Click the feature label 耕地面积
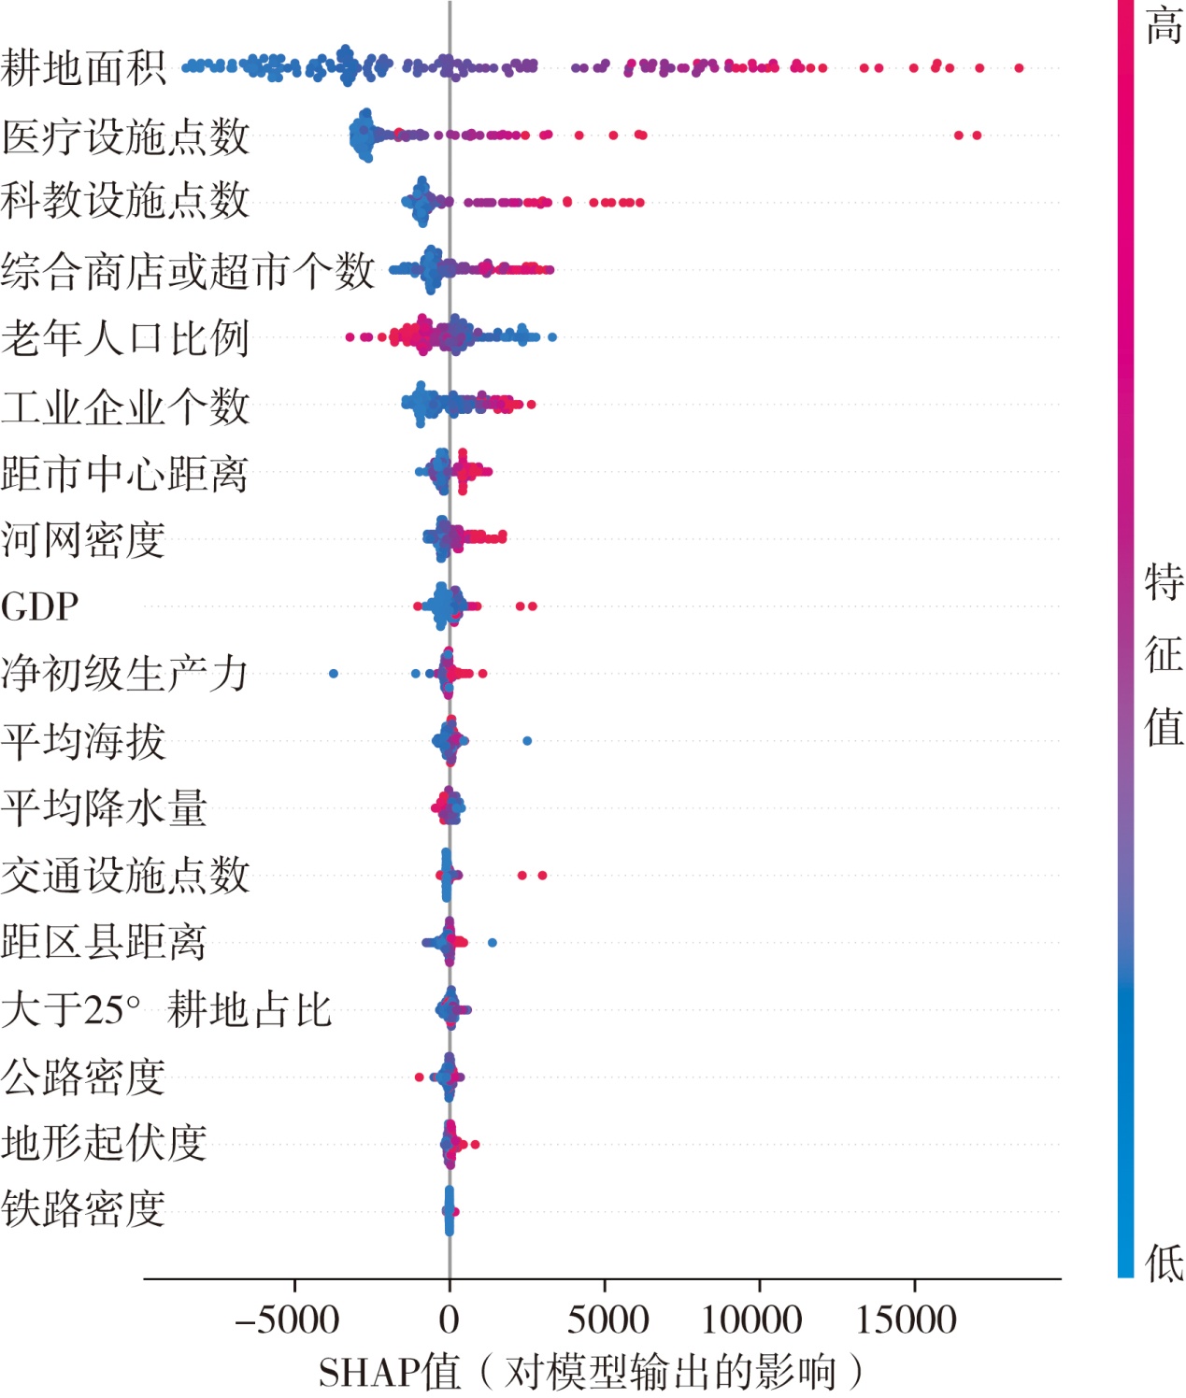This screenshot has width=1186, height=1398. coord(83,68)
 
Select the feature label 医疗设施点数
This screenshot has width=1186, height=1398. coord(125,136)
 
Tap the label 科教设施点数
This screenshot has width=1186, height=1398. coord(125,201)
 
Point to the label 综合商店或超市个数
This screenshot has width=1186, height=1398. coord(187,270)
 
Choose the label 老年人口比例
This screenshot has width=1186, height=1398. coord(125,338)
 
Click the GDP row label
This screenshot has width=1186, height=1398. coord(39,607)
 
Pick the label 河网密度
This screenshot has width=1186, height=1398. coord(83,540)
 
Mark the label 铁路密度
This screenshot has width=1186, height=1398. coord(83,1209)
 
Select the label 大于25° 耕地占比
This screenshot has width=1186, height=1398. coord(166,1009)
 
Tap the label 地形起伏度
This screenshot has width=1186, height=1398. coord(104,1143)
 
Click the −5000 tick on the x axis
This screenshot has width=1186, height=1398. coord(287,1320)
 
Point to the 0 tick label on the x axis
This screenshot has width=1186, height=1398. coord(450,1320)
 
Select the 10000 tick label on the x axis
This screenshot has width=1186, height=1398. coord(752,1320)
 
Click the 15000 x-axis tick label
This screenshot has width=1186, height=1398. coord(907,1320)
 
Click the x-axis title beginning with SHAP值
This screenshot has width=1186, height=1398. coord(591,1373)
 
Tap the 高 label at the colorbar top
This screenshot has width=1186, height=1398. coord(1165,25)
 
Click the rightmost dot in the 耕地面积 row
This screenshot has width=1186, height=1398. coord(1019,68)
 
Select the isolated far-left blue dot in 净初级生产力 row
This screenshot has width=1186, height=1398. coord(334,674)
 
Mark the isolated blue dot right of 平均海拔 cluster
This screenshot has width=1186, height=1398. coord(527,741)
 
